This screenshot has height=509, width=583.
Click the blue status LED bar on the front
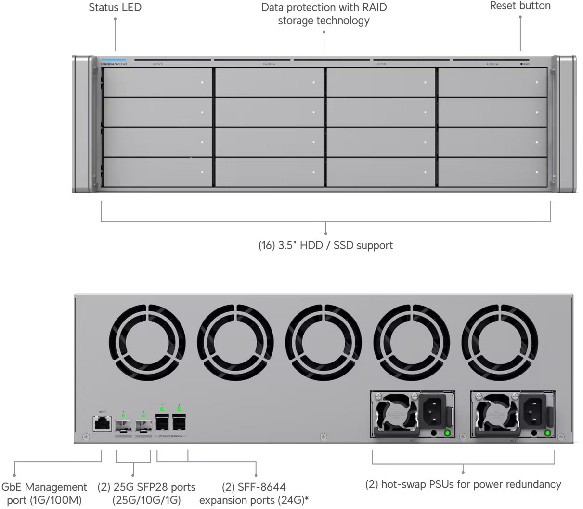[114, 60]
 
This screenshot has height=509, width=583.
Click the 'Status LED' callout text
[115, 7]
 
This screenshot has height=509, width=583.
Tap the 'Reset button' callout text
[520, 6]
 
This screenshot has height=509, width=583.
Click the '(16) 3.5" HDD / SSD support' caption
[325, 245]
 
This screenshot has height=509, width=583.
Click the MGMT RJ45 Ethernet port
[102, 424]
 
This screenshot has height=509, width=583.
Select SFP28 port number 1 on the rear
[124, 426]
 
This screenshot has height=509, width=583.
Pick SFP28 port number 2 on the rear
[143, 426]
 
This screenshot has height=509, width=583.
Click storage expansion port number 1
[162, 423]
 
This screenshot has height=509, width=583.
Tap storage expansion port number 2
[179, 423]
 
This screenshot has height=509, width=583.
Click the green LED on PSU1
[447, 433]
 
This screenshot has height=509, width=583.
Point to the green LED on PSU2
[547, 433]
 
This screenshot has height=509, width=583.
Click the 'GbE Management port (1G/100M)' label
[44, 494]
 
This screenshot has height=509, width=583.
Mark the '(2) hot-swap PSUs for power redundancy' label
[463, 484]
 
